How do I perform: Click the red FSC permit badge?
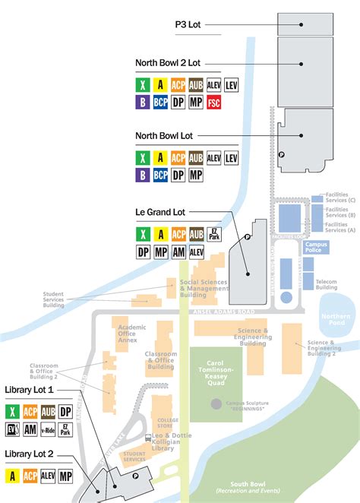tap(215, 102)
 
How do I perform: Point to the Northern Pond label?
tap(335, 320)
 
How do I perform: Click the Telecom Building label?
tap(327, 284)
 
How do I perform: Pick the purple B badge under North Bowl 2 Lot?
tap(142, 102)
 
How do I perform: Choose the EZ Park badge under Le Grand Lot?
tap(215, 233)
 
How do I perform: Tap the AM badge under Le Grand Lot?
tap(178, 251)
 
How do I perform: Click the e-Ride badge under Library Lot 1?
tap(48, 430)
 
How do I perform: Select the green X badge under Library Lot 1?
tap(12, 412)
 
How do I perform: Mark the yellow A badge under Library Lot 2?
tap(12, 476)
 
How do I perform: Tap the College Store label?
tap(167, 422)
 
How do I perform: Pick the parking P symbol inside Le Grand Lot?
tap(247, 237)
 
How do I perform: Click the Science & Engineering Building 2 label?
tap(322, 347)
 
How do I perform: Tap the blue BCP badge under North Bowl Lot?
tap(160, 175)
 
